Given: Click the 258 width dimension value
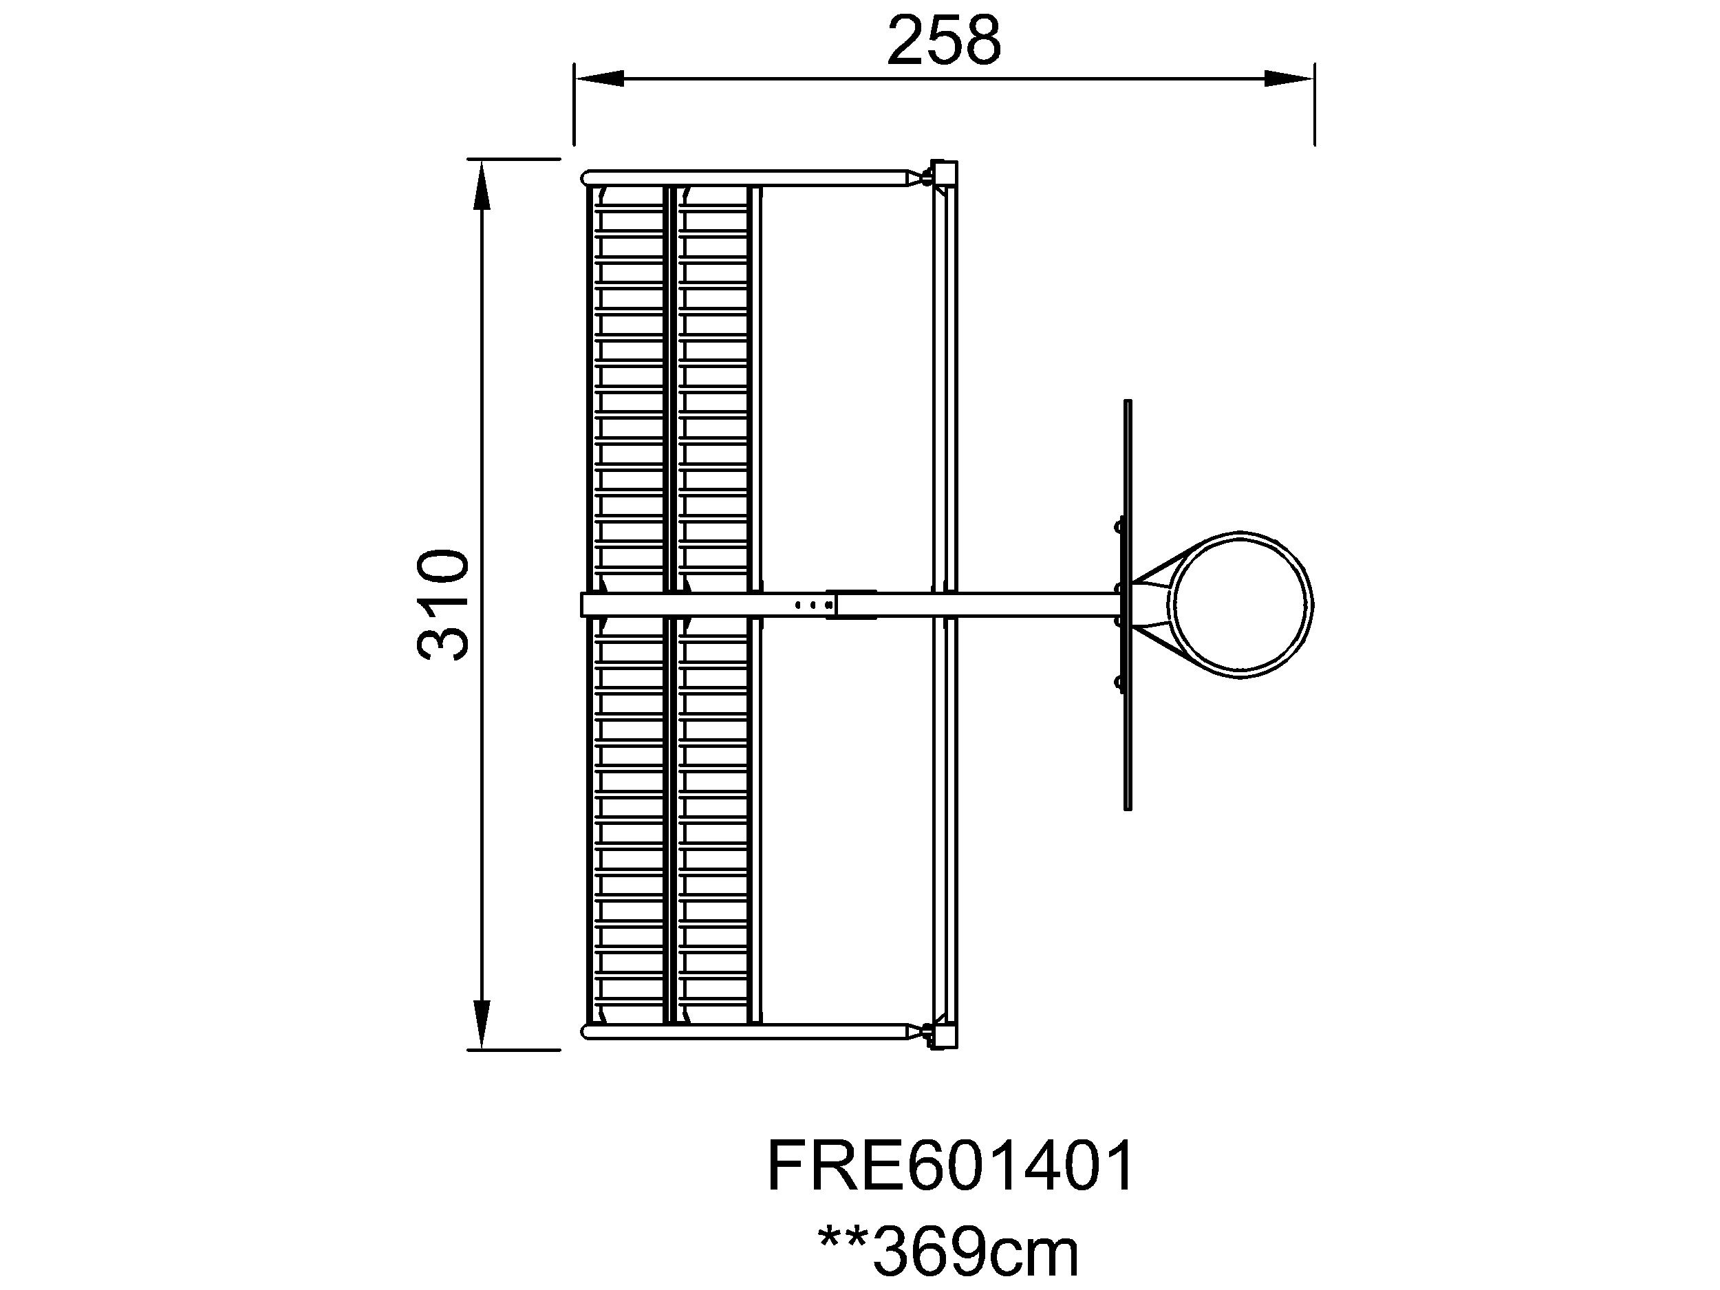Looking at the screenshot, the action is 944,41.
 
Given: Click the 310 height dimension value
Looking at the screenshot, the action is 444,605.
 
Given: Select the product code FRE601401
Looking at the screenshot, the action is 950,1166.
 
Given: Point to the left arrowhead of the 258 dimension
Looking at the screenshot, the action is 599,78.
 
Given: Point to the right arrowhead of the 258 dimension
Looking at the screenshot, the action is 1289,78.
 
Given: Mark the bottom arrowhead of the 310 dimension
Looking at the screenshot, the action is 482,1025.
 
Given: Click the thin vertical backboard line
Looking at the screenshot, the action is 1128,605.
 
